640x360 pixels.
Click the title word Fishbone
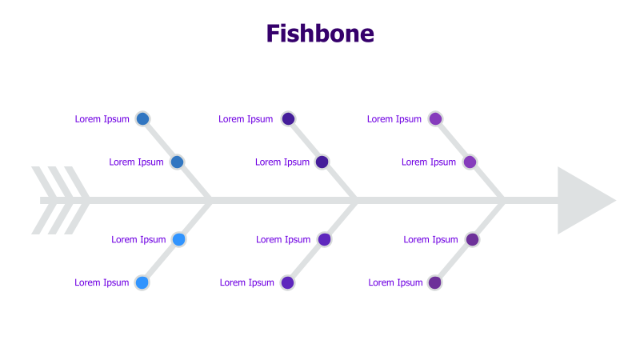click(x=320, y=34)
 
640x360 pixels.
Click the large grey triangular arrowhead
click(x=582, y=201)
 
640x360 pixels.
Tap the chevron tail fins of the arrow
click(x=61, y=201)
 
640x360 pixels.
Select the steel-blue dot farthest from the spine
click(x=142, y=119)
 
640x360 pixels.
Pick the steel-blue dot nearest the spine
click(x=178, y=162)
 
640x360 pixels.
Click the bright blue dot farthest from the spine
click(x=142, y=282)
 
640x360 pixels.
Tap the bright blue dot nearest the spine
click(x=179, y=239)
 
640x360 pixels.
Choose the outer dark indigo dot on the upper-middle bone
click(x=288, y=119)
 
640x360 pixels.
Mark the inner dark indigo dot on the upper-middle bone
click(x=322, y=162)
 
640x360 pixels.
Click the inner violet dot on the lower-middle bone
click(x=324, y=239)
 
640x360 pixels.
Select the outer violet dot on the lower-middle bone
click(x=288, y=282)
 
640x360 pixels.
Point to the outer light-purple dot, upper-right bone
click(x=435, y=119)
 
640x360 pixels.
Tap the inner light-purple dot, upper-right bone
click(x=470, y=162)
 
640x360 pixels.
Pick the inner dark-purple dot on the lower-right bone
click(x=472, y=239)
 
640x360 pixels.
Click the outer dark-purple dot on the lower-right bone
click(x=435, y=282)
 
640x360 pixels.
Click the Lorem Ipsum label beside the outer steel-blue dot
click(x=102, y=119)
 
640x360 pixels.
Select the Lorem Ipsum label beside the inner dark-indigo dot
click(x=282, y=162)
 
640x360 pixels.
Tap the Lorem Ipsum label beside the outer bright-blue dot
click(x=102, y=282)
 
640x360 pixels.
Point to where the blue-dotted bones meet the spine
click(x=210, y=201)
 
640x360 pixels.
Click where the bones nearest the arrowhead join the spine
click(x=503, y=201)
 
